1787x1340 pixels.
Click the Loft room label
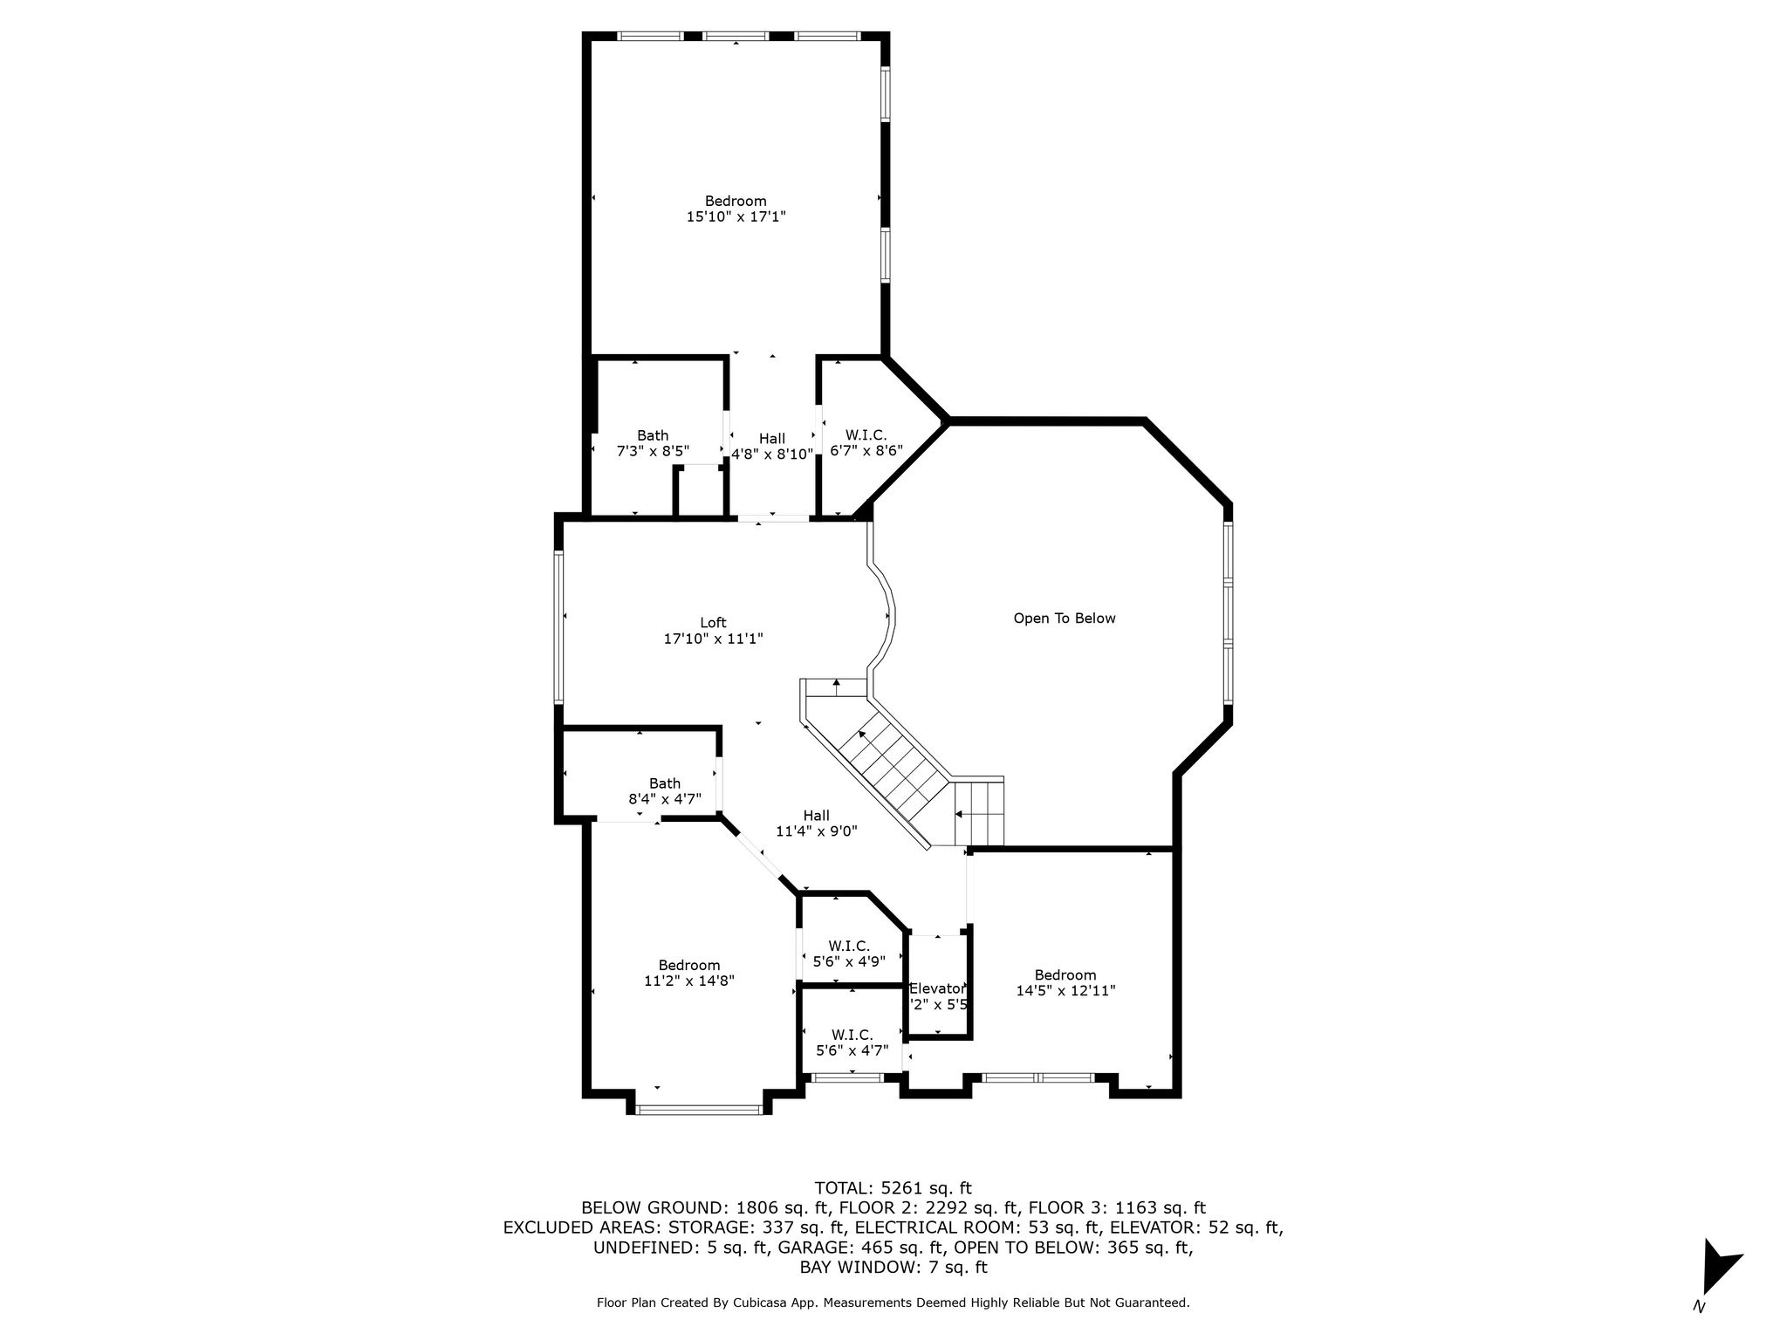[x=713, y=623]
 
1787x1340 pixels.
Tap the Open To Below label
[x=1065, y=619]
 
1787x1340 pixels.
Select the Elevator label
[x=938, y=988]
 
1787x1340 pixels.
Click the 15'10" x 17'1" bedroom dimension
[x=736, y=216]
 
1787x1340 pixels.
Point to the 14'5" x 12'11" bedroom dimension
[x=1066, y=991]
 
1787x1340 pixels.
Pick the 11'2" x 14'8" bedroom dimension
[x=689, y=981]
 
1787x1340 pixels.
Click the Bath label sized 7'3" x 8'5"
[x=653, y=435]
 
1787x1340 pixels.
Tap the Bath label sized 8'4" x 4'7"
[x=665, y=783]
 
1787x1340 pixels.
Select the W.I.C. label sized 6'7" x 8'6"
[x=866, y=434]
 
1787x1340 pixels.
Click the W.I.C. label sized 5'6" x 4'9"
[x=849, y=946]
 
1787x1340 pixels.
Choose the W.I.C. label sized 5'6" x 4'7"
[x=852, y=1036]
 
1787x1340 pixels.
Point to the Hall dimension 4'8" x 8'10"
[x=772, y=455]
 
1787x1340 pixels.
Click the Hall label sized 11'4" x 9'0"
[x=817, y=816]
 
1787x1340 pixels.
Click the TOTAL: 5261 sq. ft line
[x=893, y=1188]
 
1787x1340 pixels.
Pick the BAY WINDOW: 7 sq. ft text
[x=893, y=1268]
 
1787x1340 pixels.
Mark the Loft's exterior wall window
[x=558, y=627]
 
